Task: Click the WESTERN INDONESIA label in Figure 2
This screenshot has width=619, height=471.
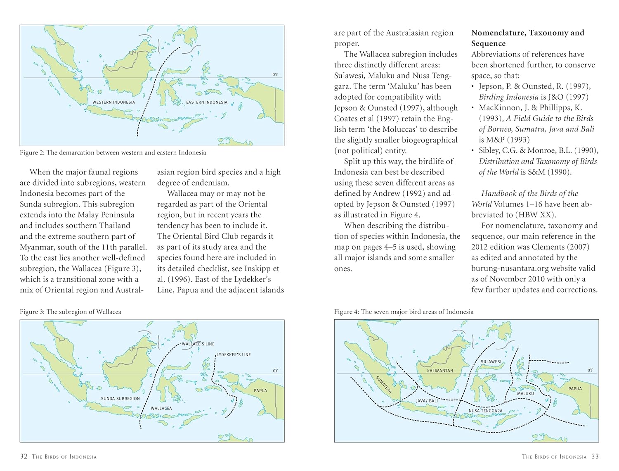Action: pyautogui.click(x=113, y=102)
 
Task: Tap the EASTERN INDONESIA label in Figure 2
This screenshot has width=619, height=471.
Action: pyautogui.click(x=207, y=102)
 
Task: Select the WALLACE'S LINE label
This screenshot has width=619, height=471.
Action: pyautogui.click(x=198, y=344)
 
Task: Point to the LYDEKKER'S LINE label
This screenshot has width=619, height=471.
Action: pyautogui.click(x=234, y=354)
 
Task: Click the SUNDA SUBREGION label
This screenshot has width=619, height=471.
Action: pyautogui.click(x=120, y=399)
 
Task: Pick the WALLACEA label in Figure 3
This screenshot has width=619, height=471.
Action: pyautogui.click(x=161, y=408)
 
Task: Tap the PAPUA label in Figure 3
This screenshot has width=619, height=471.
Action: pyautogui.click(x=260, y=390)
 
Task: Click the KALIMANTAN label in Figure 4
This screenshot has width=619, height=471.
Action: pyautogui.click(x=440, y=371)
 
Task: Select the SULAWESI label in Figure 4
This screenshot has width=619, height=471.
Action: pyautogui.click(x=491, y=362)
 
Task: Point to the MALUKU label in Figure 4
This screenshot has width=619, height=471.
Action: pyautogui.click(x=525, y=393)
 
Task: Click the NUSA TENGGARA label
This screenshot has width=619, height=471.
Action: pyautogui.click(x=486, y=411)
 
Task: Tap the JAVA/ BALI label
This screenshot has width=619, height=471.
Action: pyautogui.click(x=427, y=401)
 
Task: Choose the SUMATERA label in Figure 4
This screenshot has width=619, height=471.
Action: pyautogui.click(x=384, y=384)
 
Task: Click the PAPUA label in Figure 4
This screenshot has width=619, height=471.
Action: pyautogui.click(x=575, y=388)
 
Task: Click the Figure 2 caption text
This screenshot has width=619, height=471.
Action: pyautogui.click(x=113, y=152)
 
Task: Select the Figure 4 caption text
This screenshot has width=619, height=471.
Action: pyautogui.click(x=404, y=312)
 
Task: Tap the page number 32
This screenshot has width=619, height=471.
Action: pyautogui.click(x=24, y=456)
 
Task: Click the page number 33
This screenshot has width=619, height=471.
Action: pyautogui.click(x=595, y=456)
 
